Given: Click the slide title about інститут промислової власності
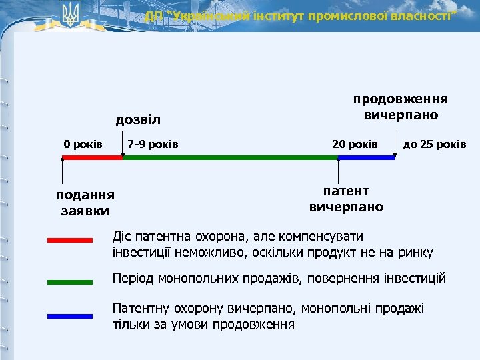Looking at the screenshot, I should tap(301, 16).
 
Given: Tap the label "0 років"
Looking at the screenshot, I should tap(83, 144).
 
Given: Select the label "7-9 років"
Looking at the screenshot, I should tap(153, 144).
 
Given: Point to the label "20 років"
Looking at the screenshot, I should tap(355, 144).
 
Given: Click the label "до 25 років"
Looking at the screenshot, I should tap(435, 144).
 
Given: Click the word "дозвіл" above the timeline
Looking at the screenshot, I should tap(138, 120).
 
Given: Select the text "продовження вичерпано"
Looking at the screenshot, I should tap(400, 107).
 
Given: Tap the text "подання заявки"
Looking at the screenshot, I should tap(85, 203).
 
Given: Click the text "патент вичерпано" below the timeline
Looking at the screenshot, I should tap(346, 199).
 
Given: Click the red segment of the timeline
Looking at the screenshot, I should tap(92, 158).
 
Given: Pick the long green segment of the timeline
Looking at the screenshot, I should tap(230, 158).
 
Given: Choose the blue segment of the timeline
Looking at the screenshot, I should tap(367, 158).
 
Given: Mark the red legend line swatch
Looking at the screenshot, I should tap(70, 239).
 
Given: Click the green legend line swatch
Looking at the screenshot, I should tap(70, 282).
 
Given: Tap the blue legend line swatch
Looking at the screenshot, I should tap(70, 316).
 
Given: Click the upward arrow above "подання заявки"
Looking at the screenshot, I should tap(63, 173).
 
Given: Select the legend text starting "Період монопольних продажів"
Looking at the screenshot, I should tap(279, 278).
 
